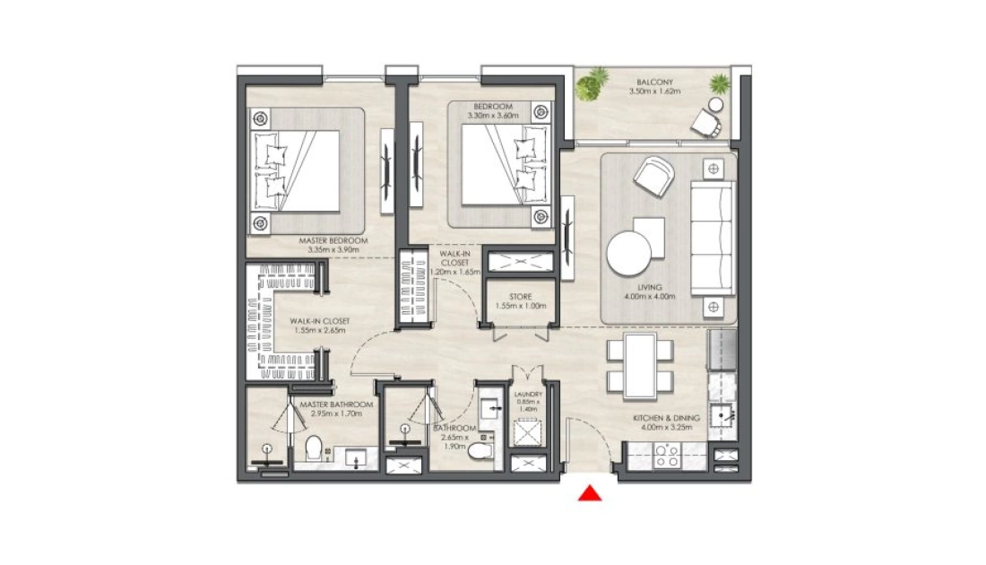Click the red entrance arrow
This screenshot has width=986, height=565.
(590, 493)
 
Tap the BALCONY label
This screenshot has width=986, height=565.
(654, 83)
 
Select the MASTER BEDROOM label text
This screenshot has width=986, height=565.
(333, 241)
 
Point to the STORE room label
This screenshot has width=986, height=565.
(521, 297)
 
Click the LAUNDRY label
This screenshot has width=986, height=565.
(528, 395)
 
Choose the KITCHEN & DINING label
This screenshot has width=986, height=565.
(666, 418)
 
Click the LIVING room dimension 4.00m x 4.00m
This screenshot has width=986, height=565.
(650, 296)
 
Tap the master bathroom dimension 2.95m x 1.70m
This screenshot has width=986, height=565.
(336, 414)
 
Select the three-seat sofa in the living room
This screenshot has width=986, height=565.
(713, 238)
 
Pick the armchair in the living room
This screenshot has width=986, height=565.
(653, 176)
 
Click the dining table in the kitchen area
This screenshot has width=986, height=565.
(640, 366)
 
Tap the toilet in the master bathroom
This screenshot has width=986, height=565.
(314, 448)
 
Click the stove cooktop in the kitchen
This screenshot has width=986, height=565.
(666, 456)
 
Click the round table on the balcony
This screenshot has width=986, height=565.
(715, 104)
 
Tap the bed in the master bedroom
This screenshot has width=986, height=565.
(297, 171)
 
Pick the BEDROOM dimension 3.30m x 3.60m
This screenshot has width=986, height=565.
(493, 116)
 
